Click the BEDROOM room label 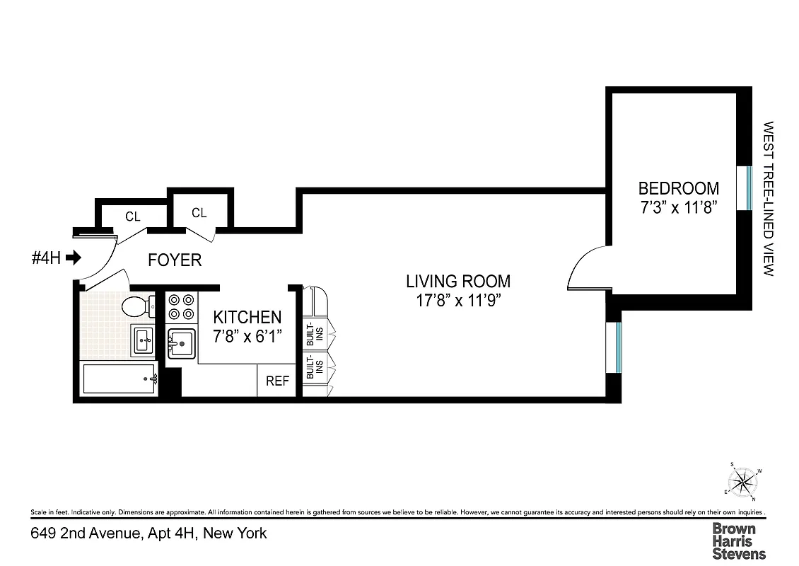[x=678, y=188]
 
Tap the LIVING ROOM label [x=457, y=281]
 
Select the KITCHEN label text [x=247, y=318]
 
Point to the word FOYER [x=175, y=260]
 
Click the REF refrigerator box [x=277, y=381]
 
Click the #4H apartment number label [x=45, y=258]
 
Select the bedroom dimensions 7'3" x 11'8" [x=678, y=208]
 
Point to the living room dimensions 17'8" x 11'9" [x=457, y=301]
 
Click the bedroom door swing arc [x=584, y=267]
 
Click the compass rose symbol [x=742, y=483]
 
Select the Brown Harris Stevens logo [x=738, y=541]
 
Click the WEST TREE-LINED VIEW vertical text [x=769, y=199]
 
